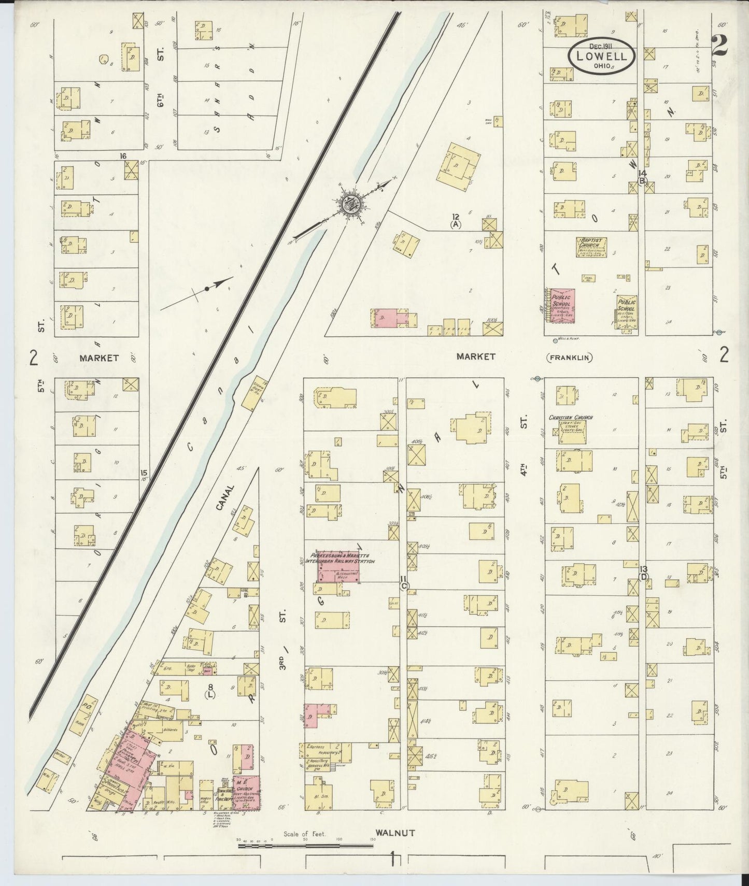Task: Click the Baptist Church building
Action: point(592,247)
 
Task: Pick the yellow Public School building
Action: point(627,310)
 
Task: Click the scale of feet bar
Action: point(306,846)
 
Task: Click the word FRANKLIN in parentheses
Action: point(570,357)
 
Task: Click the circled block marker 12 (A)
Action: point(456,221)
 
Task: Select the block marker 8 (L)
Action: point(210,691)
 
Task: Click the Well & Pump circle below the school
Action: point(556,341)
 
